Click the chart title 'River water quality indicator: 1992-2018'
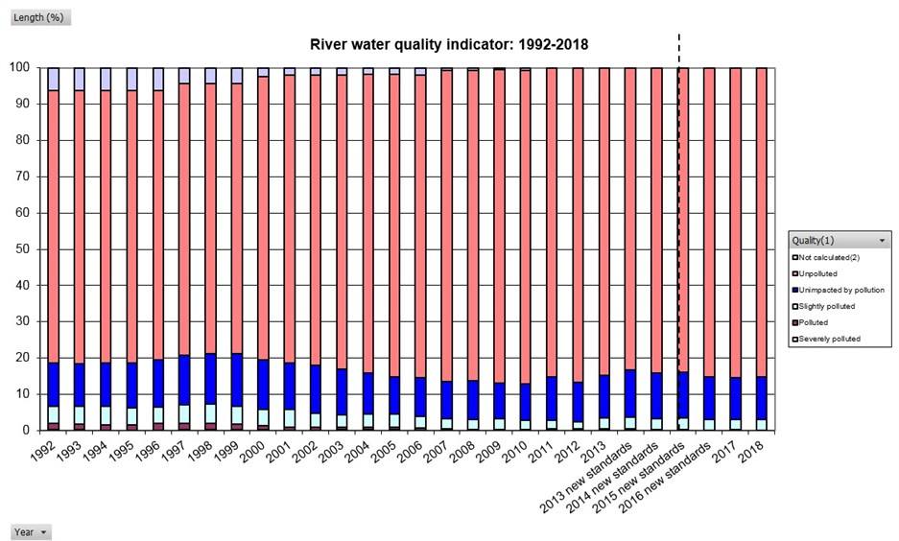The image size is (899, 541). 449,44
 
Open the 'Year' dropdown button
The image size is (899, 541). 30,532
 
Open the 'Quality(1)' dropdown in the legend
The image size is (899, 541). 840,240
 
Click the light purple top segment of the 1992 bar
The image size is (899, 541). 54,79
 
